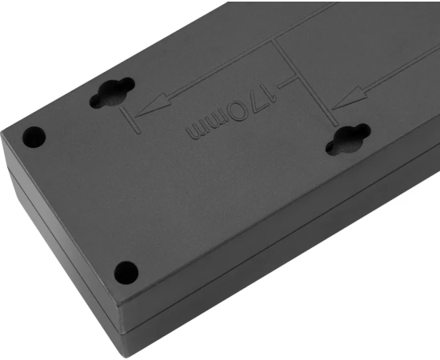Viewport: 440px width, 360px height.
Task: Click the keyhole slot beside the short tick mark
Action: click(x=112, y=93)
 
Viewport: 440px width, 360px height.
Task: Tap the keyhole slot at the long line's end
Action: click(x=348, y=139)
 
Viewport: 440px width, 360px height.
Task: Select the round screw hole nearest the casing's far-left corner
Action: click(x=34, y=137)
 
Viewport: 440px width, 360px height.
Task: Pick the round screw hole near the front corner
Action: click(x=126, y=273)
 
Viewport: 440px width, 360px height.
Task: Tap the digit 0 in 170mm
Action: click(x=238, y=111)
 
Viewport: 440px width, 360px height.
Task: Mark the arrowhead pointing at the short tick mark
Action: click(x=153, y=106)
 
